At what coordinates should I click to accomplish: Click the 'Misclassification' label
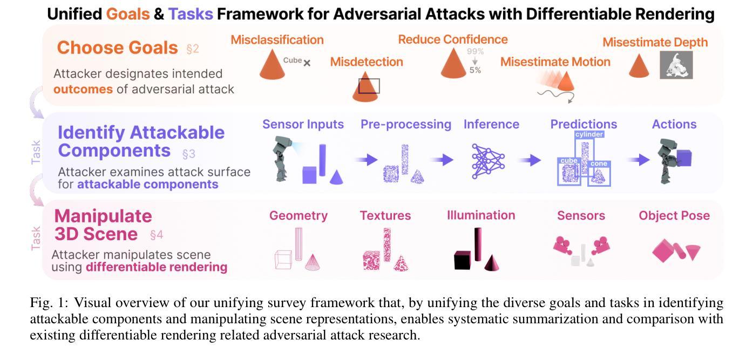tap(277, 40)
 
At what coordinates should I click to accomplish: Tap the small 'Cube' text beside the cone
tap(293, 60)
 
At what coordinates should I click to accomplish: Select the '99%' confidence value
tap(475, 51)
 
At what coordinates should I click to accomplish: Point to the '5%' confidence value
tap(475, 70)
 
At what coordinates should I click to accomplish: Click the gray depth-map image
tap(676, 65)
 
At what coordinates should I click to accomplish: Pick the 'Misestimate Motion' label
tap(555, 62)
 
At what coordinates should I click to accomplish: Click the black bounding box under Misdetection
tap(369, 86)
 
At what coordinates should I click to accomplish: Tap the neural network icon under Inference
tap(488, 161)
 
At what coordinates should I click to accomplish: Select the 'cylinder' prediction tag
tap(589, 134)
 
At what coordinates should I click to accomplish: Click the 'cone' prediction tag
tap(599, 164)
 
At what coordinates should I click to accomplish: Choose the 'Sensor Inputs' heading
tap(303, 124)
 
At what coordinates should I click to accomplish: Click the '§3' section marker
tap(188, 154)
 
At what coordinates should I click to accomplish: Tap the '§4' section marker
tap(157, 235)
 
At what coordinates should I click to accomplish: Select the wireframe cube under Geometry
tap(283, 260)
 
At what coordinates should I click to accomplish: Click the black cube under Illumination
tap(463, 260)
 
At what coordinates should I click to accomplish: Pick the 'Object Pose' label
tap(674, 215)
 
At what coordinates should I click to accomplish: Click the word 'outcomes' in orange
tap(83, 90)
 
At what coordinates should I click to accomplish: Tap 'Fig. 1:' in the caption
tap(49, 303)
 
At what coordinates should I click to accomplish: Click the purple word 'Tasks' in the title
tap(191, 14)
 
